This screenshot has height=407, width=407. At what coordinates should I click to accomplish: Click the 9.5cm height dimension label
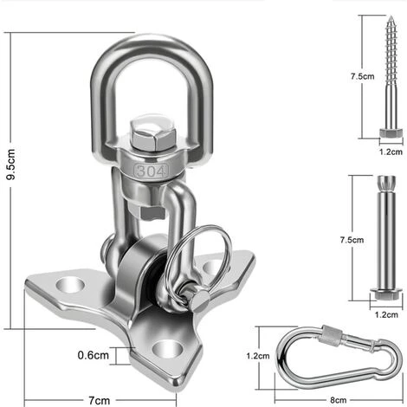[x=10, y=165]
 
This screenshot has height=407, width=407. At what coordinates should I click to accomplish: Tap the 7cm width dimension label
[x=99, y=400]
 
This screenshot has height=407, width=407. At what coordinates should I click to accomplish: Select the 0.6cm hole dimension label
[x=93, y=355]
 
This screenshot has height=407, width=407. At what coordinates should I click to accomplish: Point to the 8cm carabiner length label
[x=339, y=400]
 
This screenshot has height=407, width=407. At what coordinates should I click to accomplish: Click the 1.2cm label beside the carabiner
[x=258, y=356]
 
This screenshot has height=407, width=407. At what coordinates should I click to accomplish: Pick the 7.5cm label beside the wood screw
[x=363, y=76]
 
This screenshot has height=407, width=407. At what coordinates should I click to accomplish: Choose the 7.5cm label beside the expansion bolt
[x=352, y=240]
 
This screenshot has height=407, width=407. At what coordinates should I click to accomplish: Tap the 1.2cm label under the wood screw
[x=391, y=152]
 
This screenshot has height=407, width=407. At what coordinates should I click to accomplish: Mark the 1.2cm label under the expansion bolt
[x=386, y=314]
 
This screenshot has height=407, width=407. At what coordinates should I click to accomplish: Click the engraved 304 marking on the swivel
[x=151, y=171]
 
